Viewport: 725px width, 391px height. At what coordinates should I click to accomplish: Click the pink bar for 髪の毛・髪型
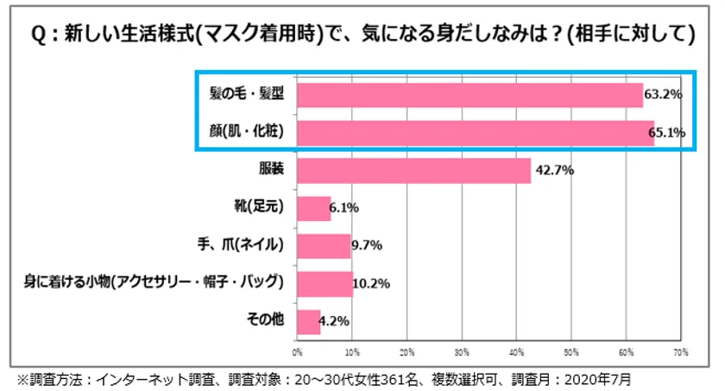(x=470, y=94)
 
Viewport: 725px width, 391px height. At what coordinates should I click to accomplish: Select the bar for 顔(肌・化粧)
(x=475, y=132)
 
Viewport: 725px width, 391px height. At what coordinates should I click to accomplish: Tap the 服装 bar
(x=413, y=170)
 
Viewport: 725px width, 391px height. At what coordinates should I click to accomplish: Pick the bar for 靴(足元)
(x=313, y=208)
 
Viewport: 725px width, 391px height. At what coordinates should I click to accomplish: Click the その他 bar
(x=308, y=322)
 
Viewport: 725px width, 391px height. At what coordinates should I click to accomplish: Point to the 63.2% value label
(x=664, y=94)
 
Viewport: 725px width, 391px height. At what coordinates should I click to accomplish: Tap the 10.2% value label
(x=374, y=284)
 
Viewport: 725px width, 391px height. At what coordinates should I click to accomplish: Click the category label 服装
(x=269, y=169)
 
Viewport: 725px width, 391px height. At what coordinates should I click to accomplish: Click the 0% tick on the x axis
(x=298, y=353)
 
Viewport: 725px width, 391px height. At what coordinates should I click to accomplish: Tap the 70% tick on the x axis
(x=680, y=353)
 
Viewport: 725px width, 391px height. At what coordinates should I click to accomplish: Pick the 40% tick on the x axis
(x=516, y=353)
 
